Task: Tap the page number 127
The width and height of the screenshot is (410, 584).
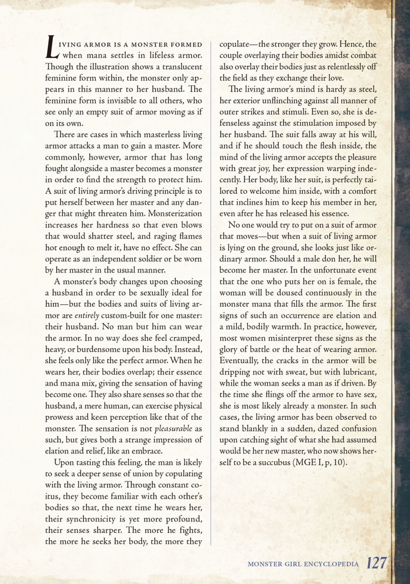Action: click(377, 563)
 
